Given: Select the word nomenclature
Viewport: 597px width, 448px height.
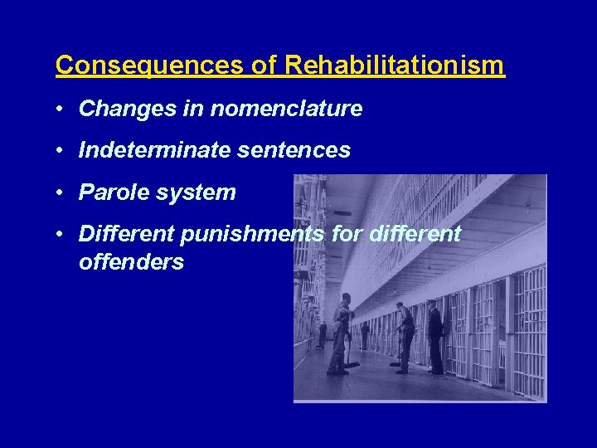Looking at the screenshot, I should click(286, 109).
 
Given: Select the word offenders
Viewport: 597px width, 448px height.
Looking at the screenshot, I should click(131, 263).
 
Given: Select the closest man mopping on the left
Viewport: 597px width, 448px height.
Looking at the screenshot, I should click(341, 332).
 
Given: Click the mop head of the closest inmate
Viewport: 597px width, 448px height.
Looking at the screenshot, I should click(352, 363).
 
